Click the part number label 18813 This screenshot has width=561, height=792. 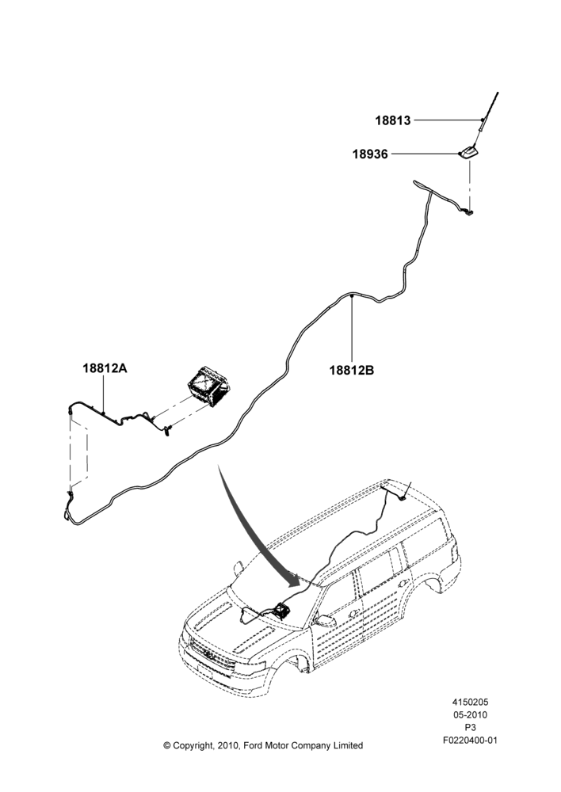[x=393, y=120]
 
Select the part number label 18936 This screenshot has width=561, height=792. [x=371, y=154]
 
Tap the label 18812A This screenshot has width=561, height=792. [x=105, y=368]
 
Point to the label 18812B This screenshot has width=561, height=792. [x=352, y=370]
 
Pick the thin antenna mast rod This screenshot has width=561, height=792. [x=488, y=118]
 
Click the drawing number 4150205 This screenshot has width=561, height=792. [x=470, y=702]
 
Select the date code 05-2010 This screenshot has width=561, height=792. [x=470, y=714]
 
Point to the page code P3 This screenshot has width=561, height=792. [x=470, y=728]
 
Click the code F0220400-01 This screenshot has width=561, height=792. [x=470, y=741]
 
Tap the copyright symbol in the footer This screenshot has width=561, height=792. [x=166, y=745]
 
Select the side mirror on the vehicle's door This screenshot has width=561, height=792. [x=324, y=620]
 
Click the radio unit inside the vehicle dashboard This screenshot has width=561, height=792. [x=280, y=609]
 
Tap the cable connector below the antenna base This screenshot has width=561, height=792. [x=469, y=213]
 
